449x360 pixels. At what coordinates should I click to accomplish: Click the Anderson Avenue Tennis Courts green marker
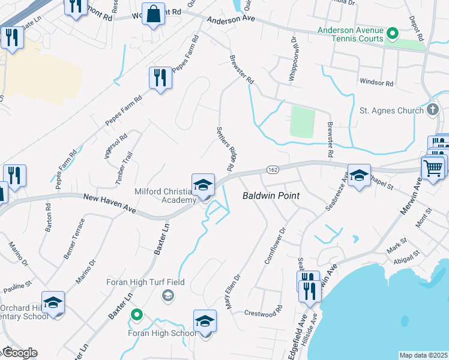pyautogui.click(x=393, y=32)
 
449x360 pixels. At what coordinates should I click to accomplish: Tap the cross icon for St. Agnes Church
pyautogui.click(x=433, y=110)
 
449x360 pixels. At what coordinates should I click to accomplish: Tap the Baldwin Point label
pyautogui.click(x=271, y=196)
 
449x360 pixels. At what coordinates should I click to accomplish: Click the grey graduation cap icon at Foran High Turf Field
pyautogui.click(x=167, y=295)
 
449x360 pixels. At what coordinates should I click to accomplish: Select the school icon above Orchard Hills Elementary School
pyautogui.click(x=53, y=302)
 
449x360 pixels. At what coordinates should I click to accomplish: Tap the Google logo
pyautogui.click(x=20, y=353)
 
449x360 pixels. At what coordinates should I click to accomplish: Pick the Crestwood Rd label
pyautogui.click(x=263, y=313)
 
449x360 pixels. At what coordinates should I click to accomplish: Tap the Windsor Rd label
pyautogui.click(x=376, y=82)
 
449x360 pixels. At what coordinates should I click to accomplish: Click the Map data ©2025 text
pyautogui.click(x=424, y=355)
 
